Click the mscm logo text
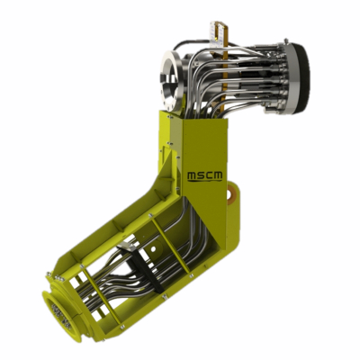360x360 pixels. pos(205,175)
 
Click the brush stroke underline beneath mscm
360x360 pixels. pos(205,181)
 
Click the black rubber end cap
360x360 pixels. pos(303,78)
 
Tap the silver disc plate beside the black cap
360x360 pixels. pos(290,78)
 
